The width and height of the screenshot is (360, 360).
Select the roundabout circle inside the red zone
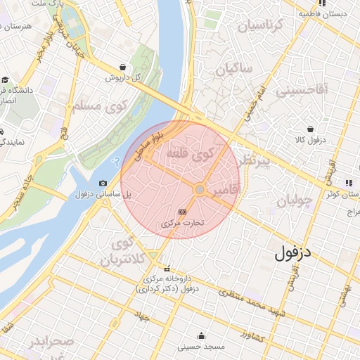pos(200,190)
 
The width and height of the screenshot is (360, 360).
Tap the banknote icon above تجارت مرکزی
pos(183,211)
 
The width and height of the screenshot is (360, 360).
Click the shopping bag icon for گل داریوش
pos(124,67)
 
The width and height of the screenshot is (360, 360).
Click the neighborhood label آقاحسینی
pos(301,90)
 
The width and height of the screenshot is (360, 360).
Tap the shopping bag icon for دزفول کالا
pos(311,129)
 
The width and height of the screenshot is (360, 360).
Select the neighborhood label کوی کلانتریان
pos(125,252)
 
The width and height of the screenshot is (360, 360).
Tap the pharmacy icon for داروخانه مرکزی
pos(167,268)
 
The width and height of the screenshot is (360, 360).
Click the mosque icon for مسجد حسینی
pos(202,335)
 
